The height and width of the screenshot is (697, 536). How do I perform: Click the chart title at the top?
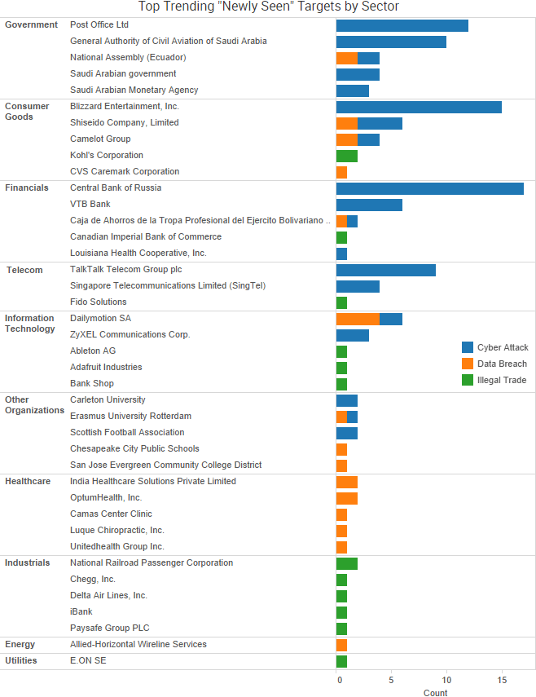click(x=268, y=7)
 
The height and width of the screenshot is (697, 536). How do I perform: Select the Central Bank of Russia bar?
click(x=429, y=188)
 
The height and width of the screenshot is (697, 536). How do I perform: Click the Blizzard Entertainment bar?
click(x=419, y=107)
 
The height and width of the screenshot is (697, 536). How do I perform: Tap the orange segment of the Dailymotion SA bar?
click(x=358, y=319)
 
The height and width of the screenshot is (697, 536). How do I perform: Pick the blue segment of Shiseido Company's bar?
click(x=380, y=123)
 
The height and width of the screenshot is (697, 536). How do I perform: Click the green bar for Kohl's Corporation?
click(x=347, y=156)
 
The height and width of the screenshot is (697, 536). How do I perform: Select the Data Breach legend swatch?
click(x=468, y=364)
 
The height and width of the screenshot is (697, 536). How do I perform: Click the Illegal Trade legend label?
click(x=502, y=380)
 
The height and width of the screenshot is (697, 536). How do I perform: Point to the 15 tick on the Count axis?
click(x=502, y=679)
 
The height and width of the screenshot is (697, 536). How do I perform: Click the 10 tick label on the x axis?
click(x=446, y=679)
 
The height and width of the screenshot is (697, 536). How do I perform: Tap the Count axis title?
click(x=435, y=693)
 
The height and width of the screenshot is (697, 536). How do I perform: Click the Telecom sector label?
click(x=24, y=270)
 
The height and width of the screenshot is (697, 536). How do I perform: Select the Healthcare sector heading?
click(x=28, y=481)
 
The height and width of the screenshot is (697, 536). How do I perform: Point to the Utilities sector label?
click(x=21, y=660)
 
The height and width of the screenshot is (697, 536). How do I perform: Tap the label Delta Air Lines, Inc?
click(x=108, y=595)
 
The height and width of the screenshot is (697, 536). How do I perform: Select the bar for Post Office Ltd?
click(x=402, y=25)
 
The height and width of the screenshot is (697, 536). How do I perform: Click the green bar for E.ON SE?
click(x=341, y=661)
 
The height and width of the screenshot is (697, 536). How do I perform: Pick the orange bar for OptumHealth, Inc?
click(x=347, y=498)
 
